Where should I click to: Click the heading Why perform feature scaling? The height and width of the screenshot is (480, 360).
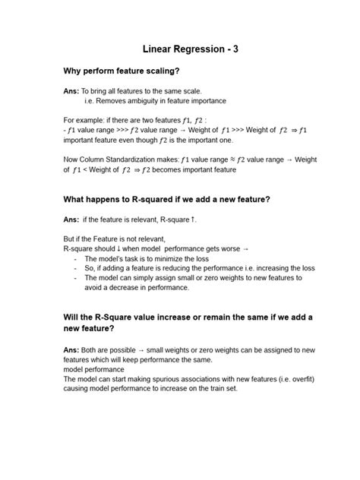click(122, 72)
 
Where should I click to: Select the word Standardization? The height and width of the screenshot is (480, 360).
click(147, 159)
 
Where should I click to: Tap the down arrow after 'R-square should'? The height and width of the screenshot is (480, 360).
click(128, 248)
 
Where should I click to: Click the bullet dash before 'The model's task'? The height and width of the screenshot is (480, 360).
click(76, 258)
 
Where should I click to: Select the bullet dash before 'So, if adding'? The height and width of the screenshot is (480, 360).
click(76, 268)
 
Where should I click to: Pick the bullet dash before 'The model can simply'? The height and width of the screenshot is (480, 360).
click(76, 278)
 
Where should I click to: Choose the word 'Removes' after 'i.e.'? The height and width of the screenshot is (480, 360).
click(110, 101)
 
